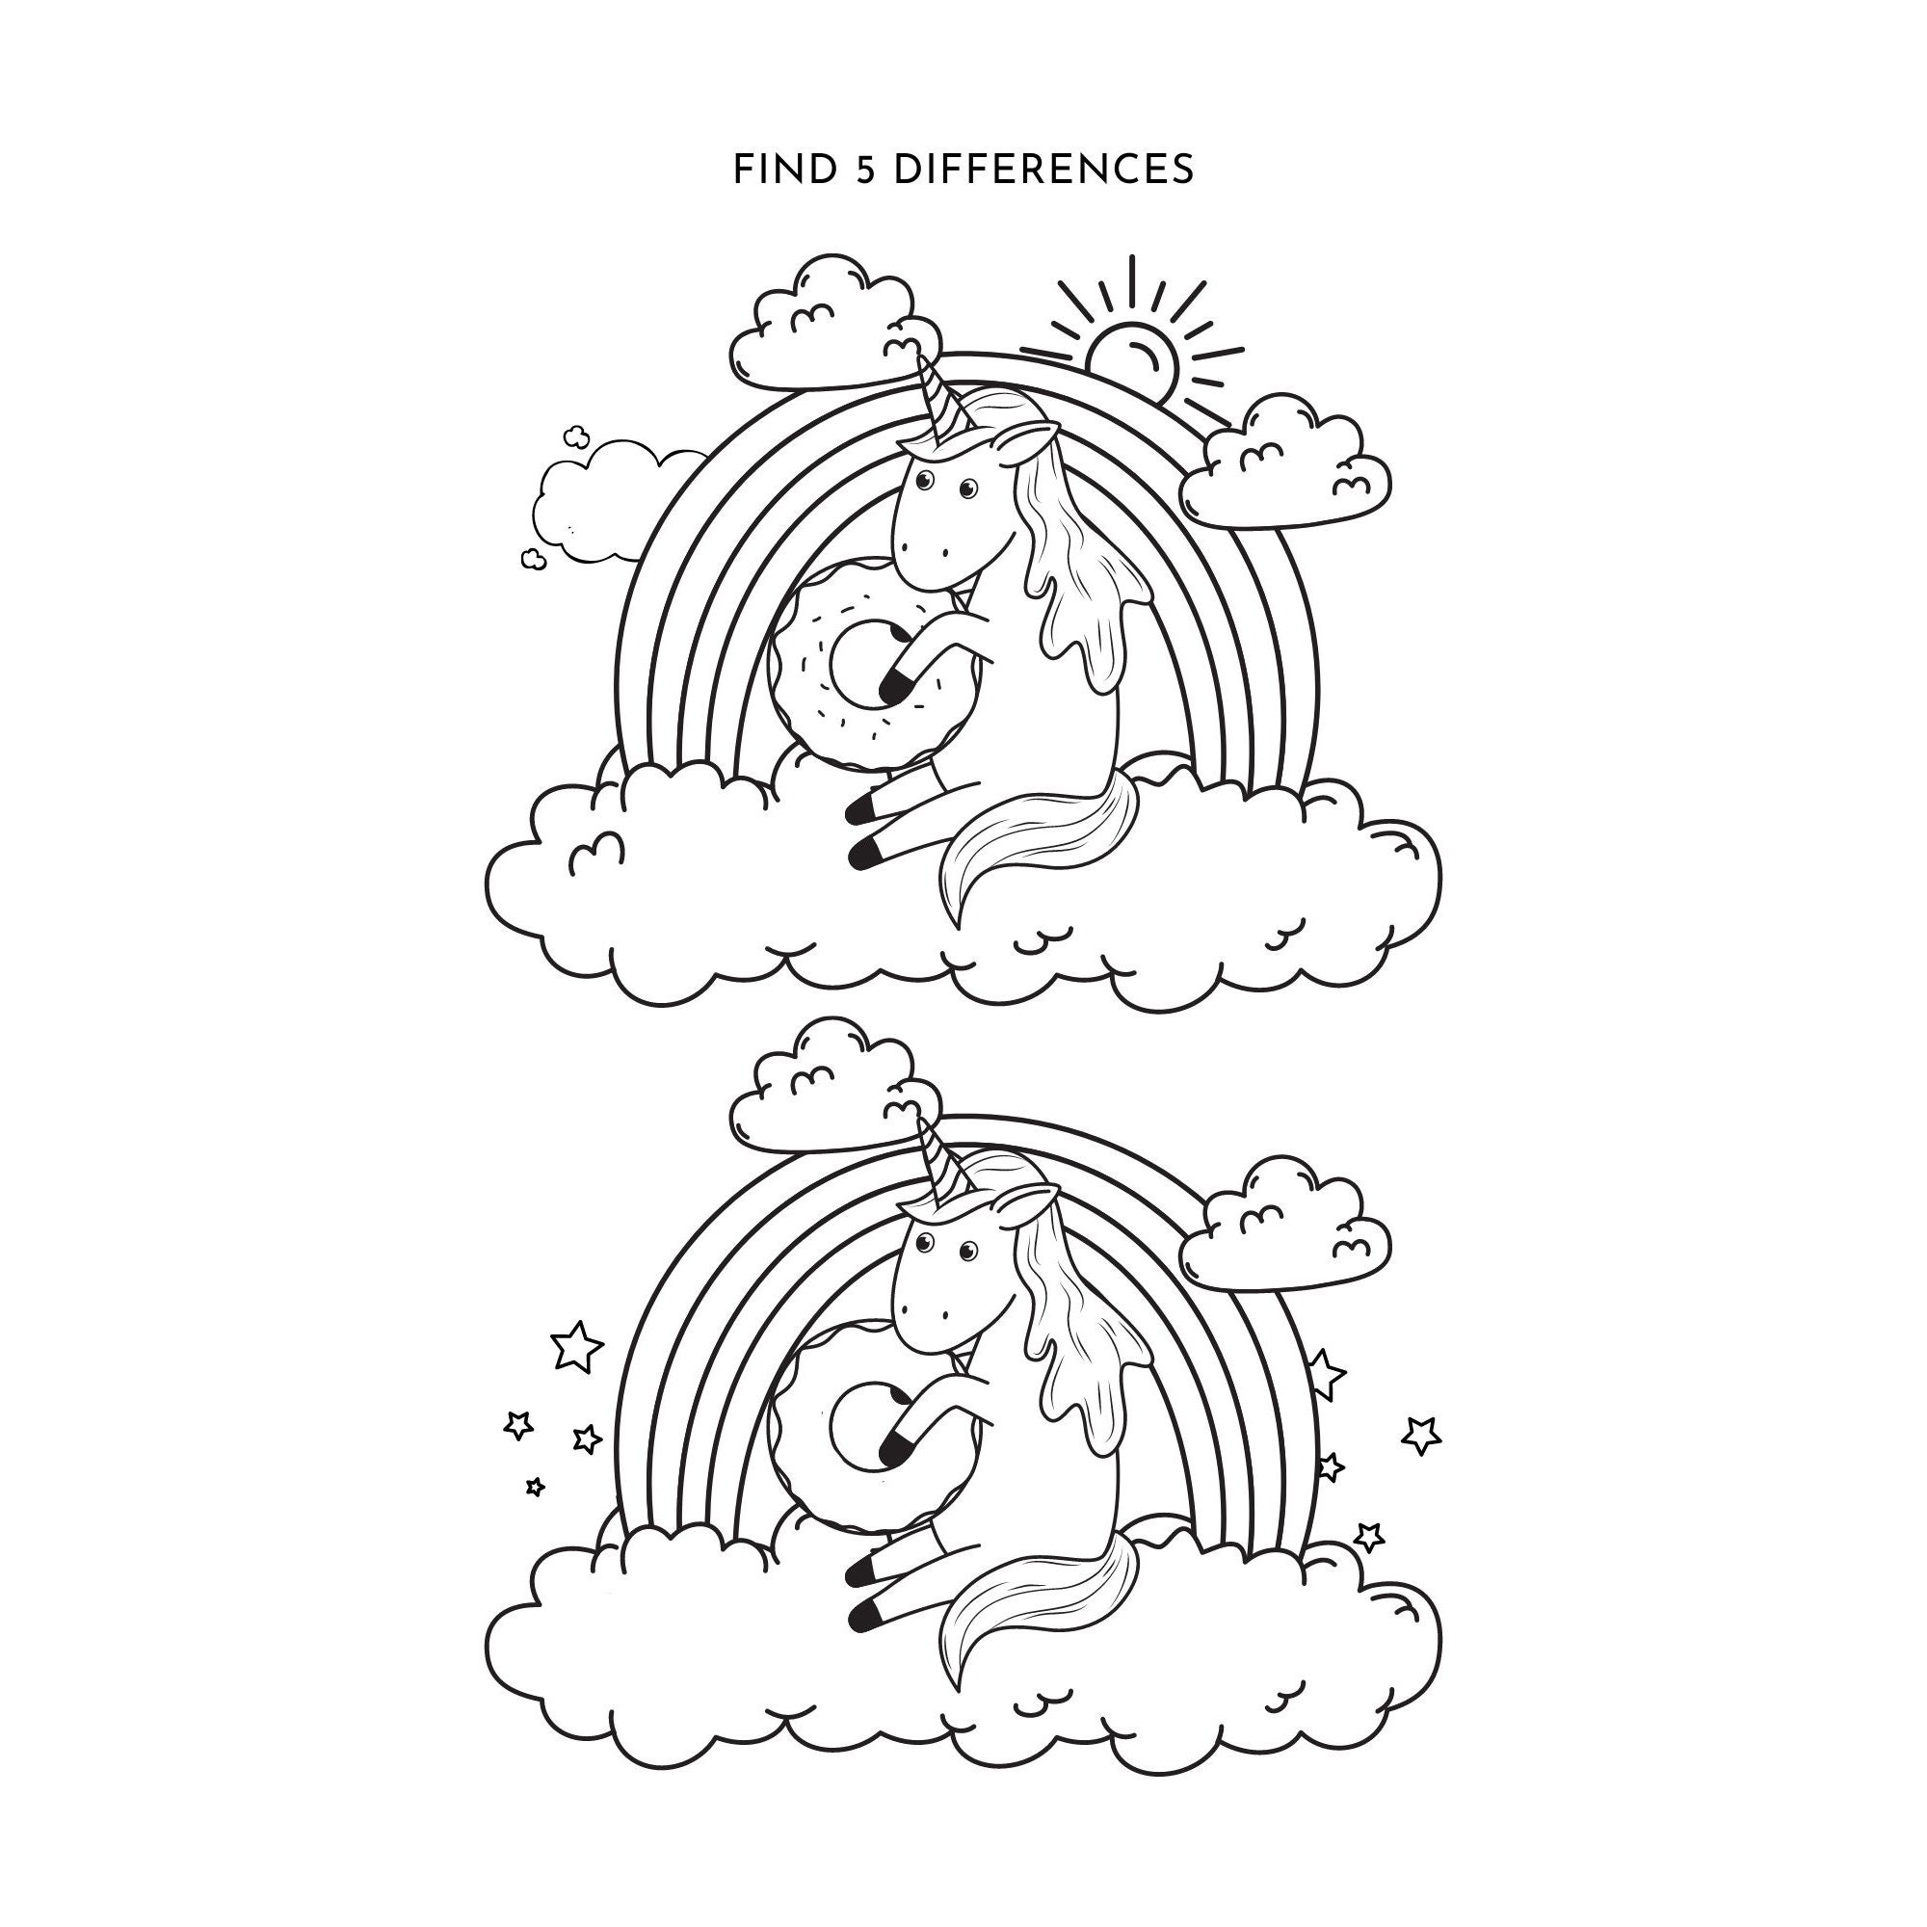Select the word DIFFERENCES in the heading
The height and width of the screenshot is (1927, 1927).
coord(1043,171)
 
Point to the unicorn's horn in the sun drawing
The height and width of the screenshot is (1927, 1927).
coord(936,399)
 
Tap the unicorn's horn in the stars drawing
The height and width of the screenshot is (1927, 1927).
coord(936,1163)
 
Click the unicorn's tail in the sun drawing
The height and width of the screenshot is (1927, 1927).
coord(1038,838)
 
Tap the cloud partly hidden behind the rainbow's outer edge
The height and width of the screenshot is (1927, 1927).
coord(598,504)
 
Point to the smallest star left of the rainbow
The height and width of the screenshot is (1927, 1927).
coord(536,1487)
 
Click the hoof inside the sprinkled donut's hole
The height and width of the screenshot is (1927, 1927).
coord(896,684)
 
